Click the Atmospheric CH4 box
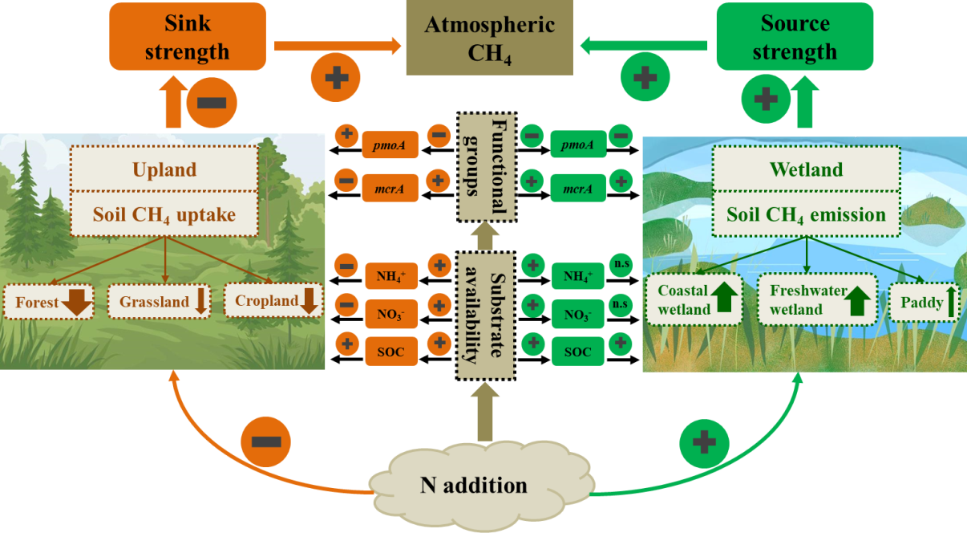click(x=489, y=39)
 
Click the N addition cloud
click(x=473, y=485)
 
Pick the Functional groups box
click(x=485, y=167)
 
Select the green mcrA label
click(x=577, y=189)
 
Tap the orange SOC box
click(x=391, y=352)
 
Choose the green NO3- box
click(x=577, y=313)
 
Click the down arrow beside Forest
click(x=78, y=303)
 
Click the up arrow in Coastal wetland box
click(x=726, y=297)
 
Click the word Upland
click(x=164, y=169)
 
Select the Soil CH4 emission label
click(x=805, y=215)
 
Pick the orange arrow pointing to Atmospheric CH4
click(x=337, y=47)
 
